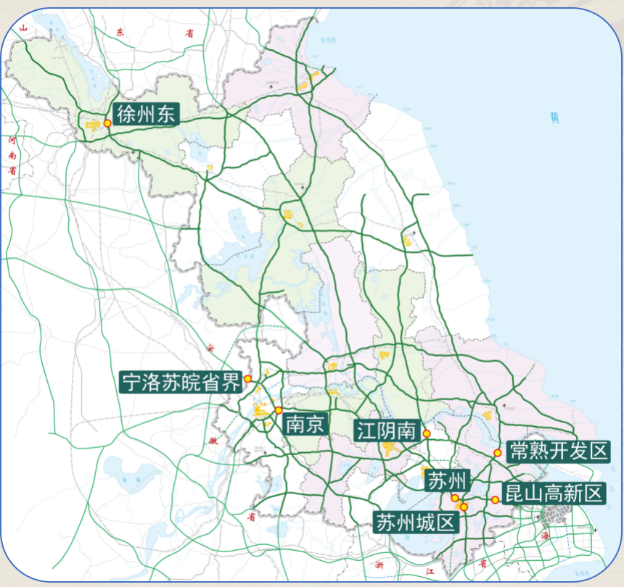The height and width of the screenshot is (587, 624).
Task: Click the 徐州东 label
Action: click(145, 115)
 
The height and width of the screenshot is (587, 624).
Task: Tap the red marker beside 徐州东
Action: click(107, 123)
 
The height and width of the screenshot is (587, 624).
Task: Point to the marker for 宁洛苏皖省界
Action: click(247, 379)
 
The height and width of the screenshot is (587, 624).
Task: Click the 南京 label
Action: click(305, 423)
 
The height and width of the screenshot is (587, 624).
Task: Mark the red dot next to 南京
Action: click(279, 410)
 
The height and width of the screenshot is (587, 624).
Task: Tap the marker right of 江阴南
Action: click(427, 433)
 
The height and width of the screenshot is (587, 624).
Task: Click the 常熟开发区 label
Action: click(557, 451)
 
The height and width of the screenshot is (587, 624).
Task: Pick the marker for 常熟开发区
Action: click(498, 453)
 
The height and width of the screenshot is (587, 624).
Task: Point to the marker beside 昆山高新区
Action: click(495, 499)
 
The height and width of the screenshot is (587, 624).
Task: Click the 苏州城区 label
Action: click(416, 522)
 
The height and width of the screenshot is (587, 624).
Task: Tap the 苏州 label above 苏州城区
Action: click(448, 480)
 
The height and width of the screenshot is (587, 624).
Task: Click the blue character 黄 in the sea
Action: click(555, 117)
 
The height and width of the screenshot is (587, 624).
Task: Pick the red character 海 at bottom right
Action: click(545, 536)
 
